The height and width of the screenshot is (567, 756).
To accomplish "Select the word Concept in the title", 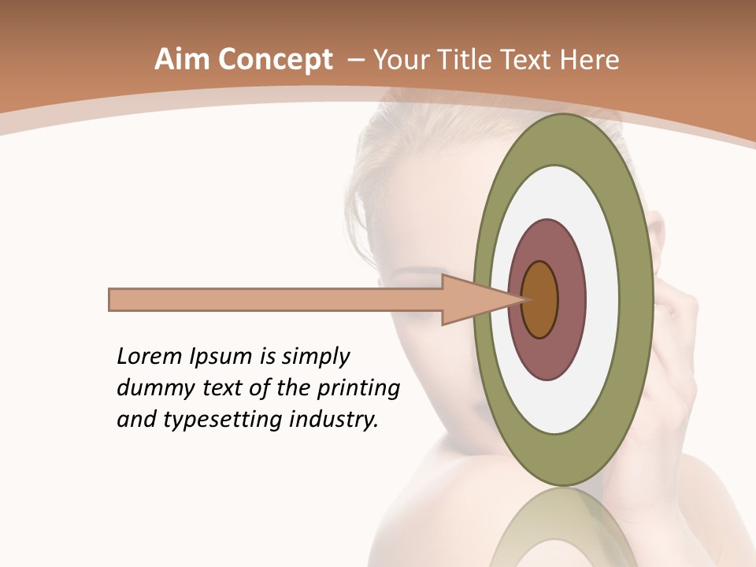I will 275,61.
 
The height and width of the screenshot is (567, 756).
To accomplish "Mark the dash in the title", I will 355,60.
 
